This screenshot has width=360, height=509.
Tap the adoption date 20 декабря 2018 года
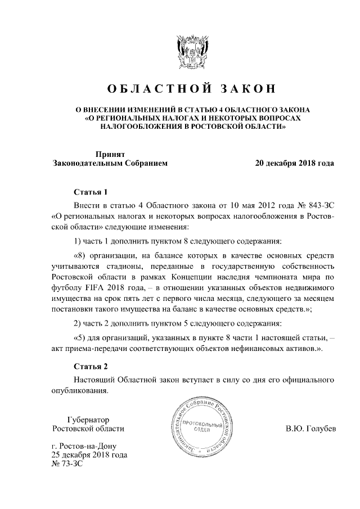coord(294,163)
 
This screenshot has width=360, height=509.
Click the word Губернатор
coord(88,420)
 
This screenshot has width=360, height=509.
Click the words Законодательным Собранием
coord(110,163)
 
